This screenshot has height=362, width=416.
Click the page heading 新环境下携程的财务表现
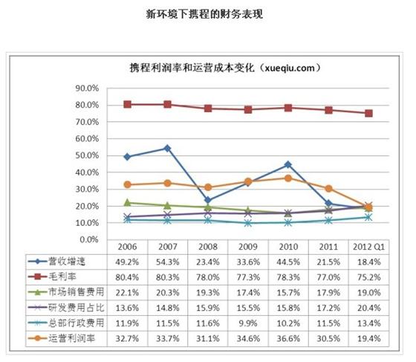click(x=204, y=14)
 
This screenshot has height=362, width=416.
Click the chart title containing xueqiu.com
click(x=225, y=68)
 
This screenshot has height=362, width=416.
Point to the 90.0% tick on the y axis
click(x=87, y=88)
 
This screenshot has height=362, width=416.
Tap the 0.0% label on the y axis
click(x=89, y=239)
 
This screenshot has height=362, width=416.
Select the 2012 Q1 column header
click(x=368, y=247)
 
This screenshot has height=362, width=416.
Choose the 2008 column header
click(x=208, y=247)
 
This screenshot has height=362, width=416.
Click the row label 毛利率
click(x=62, y=277)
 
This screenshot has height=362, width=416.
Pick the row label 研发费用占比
click(x=76, y=308)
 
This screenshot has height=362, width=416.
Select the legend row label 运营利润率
click(x=71, y=338)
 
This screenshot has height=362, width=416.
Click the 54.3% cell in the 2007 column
click(x=167, y=262)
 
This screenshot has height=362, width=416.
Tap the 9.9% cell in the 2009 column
click(x=248, y=323)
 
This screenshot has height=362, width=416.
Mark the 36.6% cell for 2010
click(x=288, y=339)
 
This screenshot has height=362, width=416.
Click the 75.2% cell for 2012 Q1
click(x=368, y=277)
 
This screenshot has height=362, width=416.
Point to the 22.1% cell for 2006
click(x=127, y=293)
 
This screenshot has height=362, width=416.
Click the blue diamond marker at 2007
click(x=167, y=149)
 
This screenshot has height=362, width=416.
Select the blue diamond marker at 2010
click(x=288, y=165)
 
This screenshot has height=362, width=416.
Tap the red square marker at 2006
click(x=127, y=104)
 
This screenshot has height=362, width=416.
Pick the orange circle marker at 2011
click(x=328, y=188)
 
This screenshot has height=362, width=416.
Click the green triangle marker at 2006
click(x=127, y=202)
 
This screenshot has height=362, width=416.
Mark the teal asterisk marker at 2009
click(x=248, y=223)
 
